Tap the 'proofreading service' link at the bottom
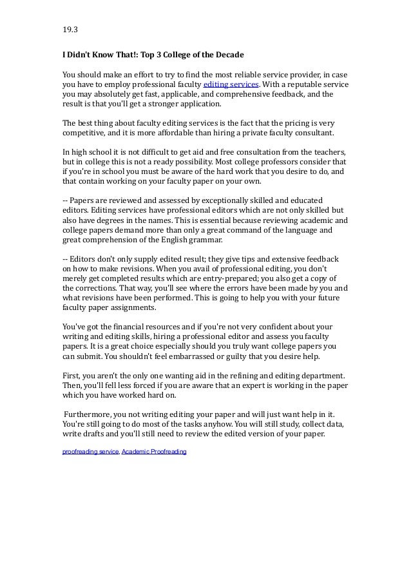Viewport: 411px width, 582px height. [90, 452]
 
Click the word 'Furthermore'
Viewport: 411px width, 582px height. [90, 414]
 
